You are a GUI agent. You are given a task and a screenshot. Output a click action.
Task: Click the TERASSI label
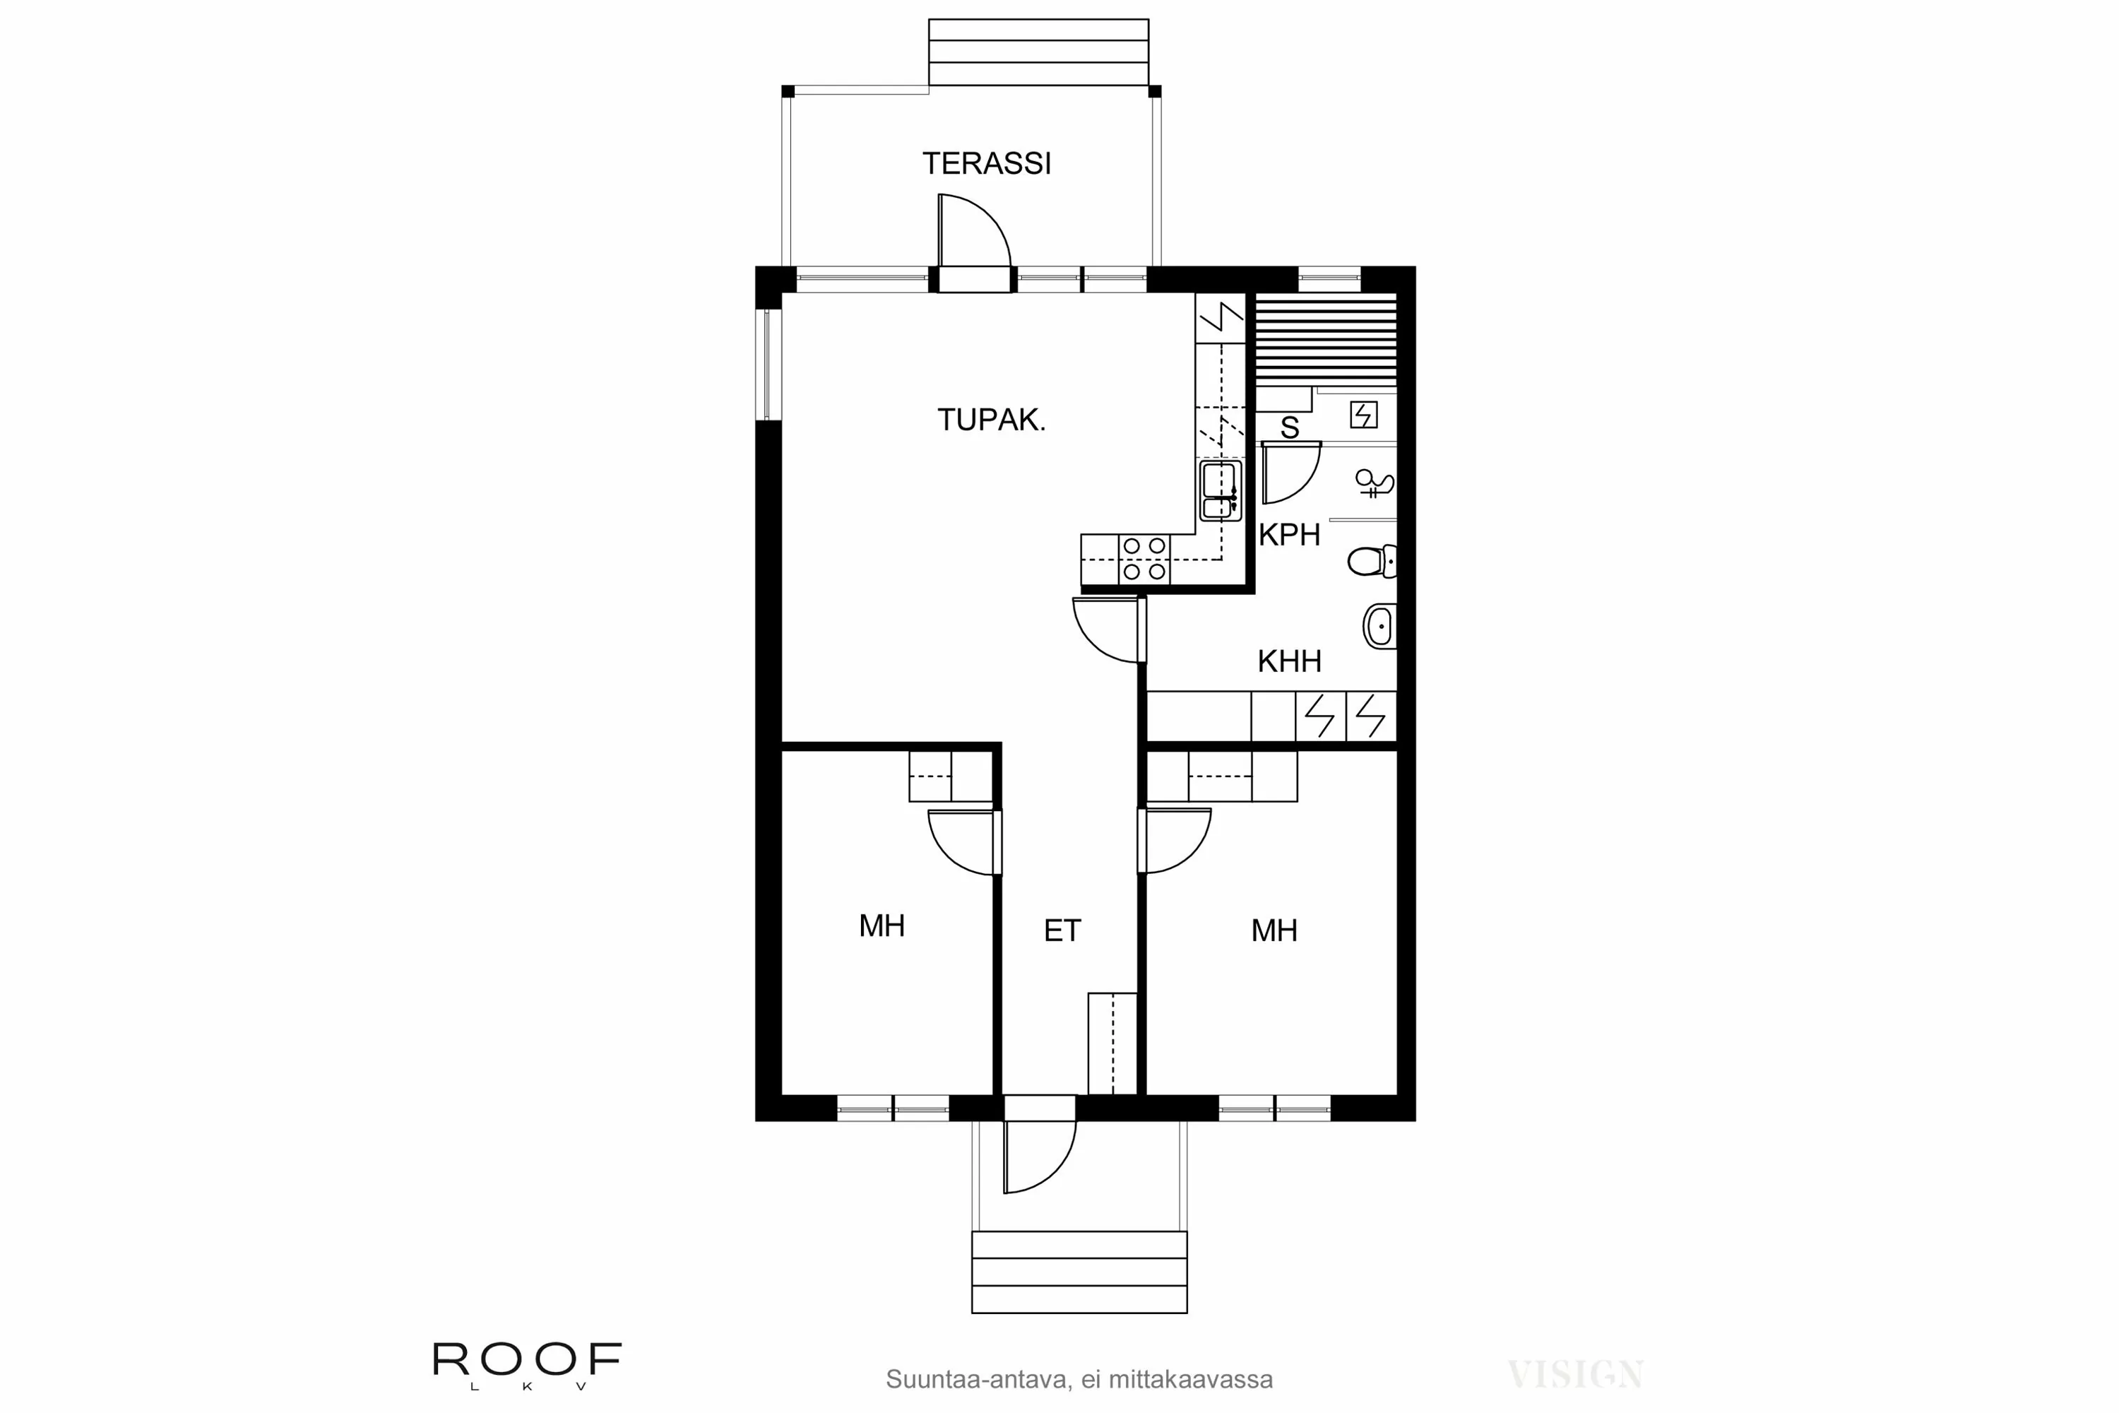point(987,163)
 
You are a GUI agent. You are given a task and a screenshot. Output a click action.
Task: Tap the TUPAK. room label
point(991,420)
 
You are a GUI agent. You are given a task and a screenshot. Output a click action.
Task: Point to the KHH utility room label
point(1289,661)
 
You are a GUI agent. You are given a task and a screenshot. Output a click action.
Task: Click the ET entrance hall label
point(1062,931)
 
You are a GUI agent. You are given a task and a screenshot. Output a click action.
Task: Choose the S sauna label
point(1289,428)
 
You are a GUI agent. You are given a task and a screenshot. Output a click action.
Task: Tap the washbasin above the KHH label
point(1379,625)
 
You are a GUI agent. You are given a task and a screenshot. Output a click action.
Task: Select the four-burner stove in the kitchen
point(1144,559)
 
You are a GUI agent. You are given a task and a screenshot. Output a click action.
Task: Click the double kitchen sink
point(1220,491)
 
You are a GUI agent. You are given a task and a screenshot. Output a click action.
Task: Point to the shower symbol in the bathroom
point(1374,484)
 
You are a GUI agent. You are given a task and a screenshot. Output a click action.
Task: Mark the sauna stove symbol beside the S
point(1363,415)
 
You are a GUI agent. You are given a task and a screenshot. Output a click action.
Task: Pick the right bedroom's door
point(1176,840)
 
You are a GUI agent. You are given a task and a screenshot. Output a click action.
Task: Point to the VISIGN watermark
point(1575,1374)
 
